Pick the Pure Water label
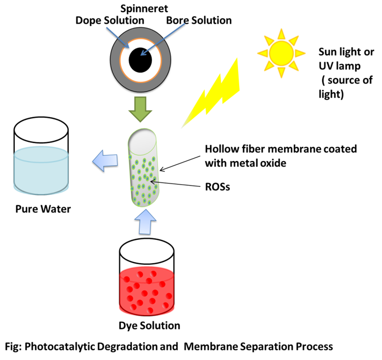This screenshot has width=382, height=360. (43, 209)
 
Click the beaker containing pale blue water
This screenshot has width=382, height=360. (43, 157)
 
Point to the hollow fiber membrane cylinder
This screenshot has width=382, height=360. (146, 171)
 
